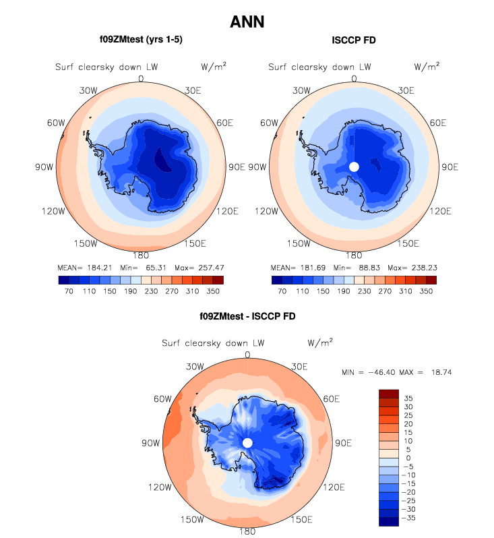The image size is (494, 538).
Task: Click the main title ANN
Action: (x=247, y=22)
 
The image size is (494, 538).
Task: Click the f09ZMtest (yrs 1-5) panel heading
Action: (x=141, y=40)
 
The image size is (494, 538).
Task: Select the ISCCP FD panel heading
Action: (x=354, y=40)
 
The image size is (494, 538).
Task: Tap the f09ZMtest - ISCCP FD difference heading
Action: (x=247, y=316)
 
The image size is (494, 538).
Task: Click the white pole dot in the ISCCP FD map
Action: (x=354, y=167)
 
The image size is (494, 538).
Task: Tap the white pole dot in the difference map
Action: (x=247, y=442)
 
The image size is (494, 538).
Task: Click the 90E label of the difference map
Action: (x=344, y=443)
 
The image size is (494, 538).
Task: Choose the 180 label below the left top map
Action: (x=141, y=256)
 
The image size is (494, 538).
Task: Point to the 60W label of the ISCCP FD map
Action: (x=268, y=123)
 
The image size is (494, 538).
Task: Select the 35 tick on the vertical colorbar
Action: (x=408, y=398)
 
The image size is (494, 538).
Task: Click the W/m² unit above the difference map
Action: (x=320, y=342)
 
